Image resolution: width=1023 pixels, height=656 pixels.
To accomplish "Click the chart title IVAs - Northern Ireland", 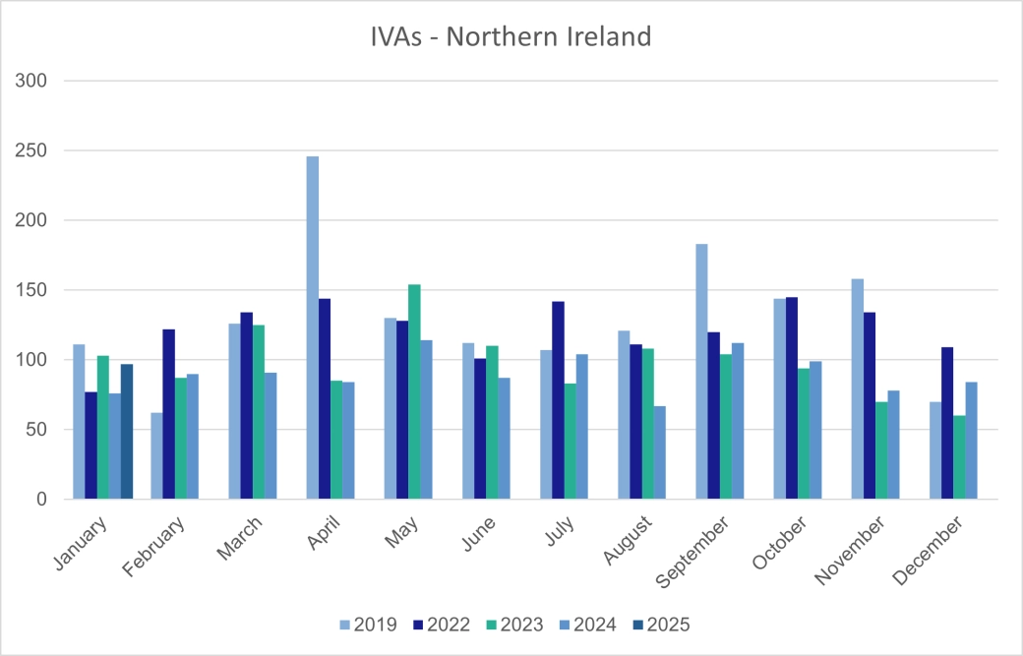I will pyautogui.click(x=511, y=37).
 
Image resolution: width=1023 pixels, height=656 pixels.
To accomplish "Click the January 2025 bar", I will pyautogui.click(x=127, y=432).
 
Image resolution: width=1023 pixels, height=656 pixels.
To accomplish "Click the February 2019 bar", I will pyautogui.click(x=156, y=456).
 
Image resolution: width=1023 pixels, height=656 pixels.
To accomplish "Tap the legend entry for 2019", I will pyautogui.click(x=368, y=624).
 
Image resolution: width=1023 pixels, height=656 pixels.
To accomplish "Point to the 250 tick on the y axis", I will pyautogui.click(x=31, y=150).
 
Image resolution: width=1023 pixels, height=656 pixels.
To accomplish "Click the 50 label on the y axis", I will pyautogui.click(x=36, y=430).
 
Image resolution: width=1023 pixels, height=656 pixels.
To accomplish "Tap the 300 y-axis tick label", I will pyautogui.click(x=31, y=81).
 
